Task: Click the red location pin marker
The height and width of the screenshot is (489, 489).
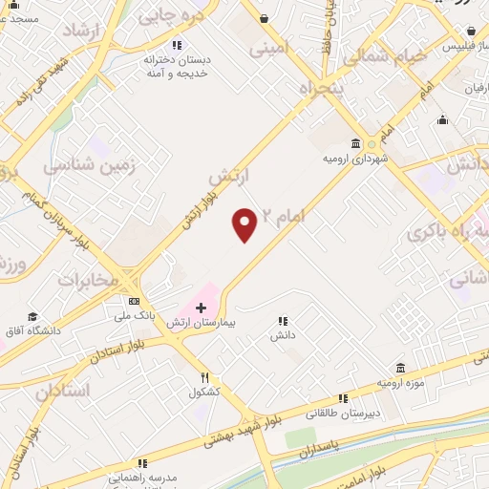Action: coord(245,223)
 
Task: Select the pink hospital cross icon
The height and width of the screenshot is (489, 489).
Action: coord(201,308)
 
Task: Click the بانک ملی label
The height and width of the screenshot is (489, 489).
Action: coord(128,314)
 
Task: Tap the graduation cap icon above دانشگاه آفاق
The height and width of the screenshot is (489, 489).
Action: coord(32,317)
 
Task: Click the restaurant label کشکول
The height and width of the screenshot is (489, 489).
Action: coord(204,392)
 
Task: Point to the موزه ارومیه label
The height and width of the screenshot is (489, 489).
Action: coord(399,383)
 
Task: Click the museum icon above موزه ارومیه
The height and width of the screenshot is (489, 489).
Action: coord(399,369)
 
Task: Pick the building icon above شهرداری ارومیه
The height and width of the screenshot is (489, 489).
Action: coord(356,144)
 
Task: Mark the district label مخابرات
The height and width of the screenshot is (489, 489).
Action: coord(88,279)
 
